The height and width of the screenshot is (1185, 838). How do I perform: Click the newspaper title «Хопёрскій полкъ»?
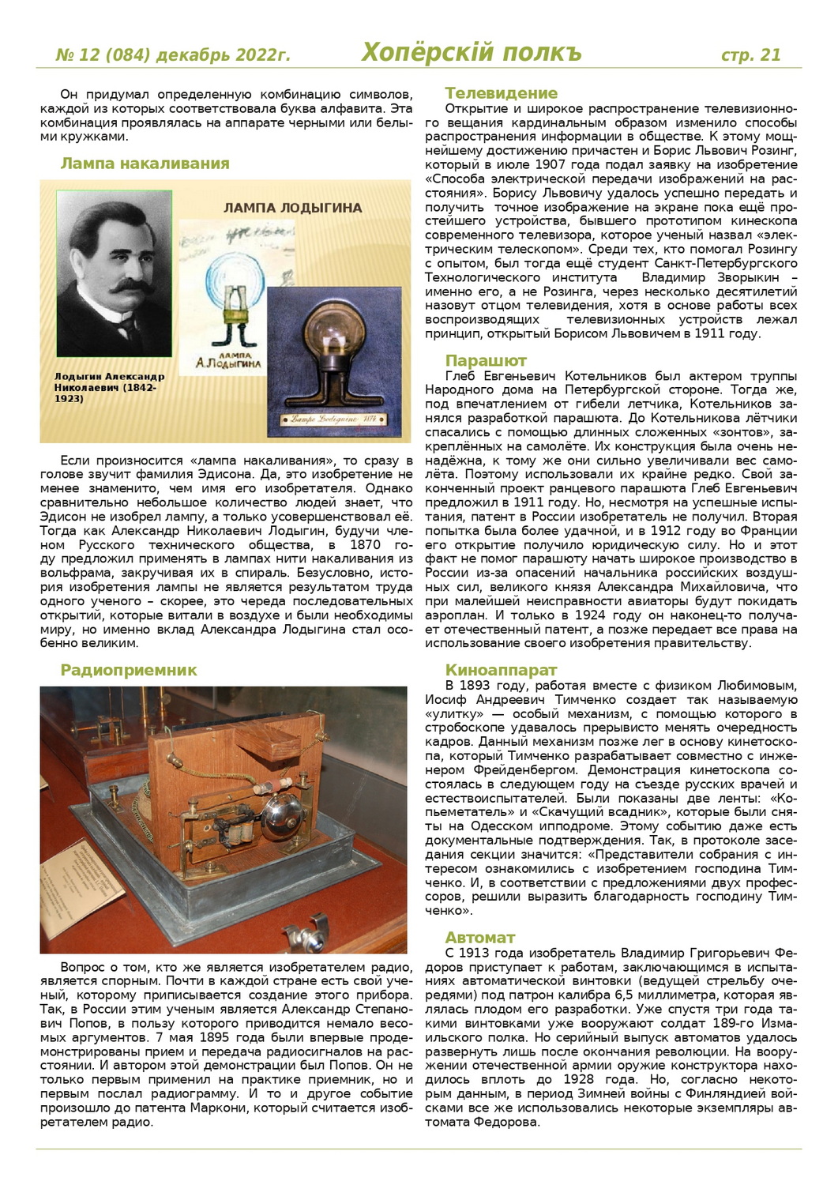click(471, 52)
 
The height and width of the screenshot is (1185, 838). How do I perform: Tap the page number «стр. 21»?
click(750, 55)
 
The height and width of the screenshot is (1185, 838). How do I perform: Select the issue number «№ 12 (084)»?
click(103, 55)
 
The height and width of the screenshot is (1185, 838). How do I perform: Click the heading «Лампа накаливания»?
click(145, 164)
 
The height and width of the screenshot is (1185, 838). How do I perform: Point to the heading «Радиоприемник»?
click(129, 670)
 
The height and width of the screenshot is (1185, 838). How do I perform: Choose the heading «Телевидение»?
click(501, 93)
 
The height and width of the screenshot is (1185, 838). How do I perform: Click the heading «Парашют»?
click(486, 361)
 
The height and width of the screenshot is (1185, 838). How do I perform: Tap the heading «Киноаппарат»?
click(501, 671)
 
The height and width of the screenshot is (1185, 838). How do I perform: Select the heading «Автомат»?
click(479, 938)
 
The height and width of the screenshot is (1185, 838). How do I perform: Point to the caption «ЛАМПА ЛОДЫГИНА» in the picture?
click(292, 209)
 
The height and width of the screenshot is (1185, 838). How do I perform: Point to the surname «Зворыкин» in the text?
click(742, 278)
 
